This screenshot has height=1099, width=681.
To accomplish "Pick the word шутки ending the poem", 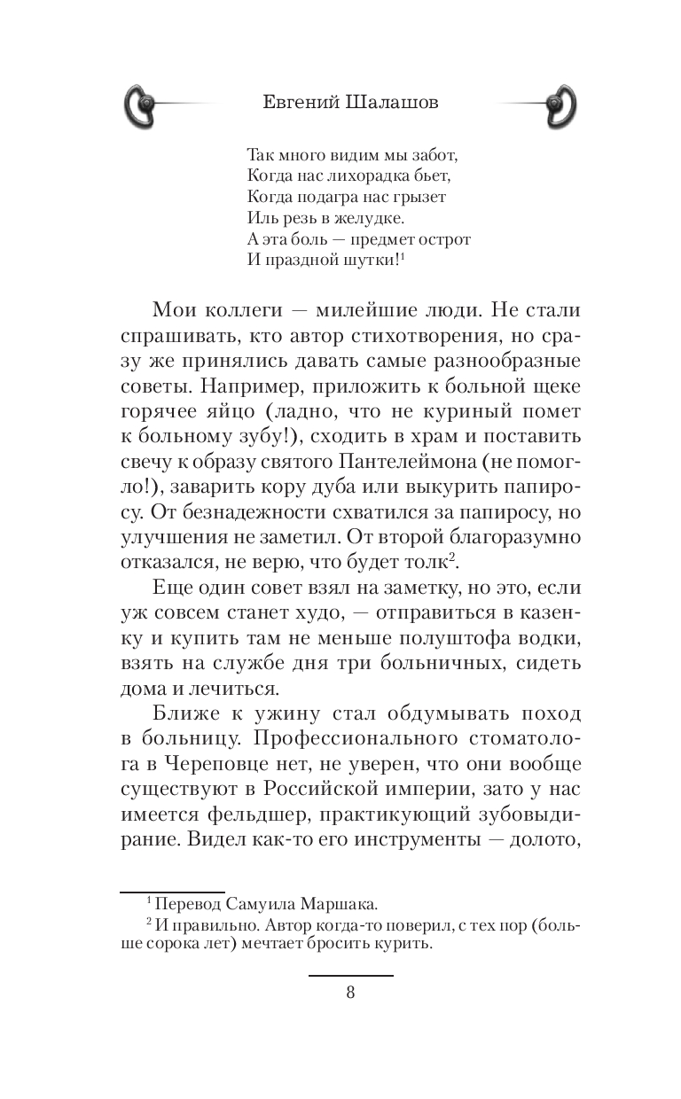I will (x=370, y=260).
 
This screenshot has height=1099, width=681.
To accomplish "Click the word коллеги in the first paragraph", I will (x=242, y=310).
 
